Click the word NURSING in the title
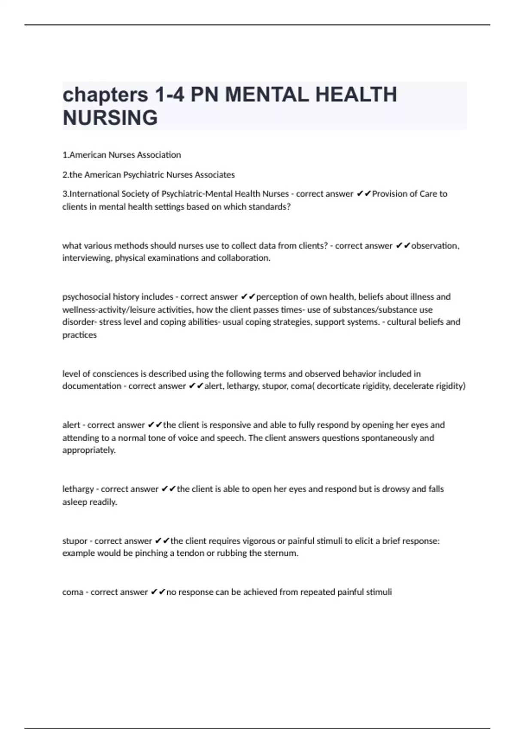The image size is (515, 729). tap(110, 118)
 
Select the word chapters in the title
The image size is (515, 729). tap(105, 95)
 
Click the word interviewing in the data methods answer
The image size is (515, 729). tap(87, 258)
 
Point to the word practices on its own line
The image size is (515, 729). tap(79, 335)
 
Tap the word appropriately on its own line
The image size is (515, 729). tap(89, 450)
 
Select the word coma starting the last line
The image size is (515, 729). tap(73, 592)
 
